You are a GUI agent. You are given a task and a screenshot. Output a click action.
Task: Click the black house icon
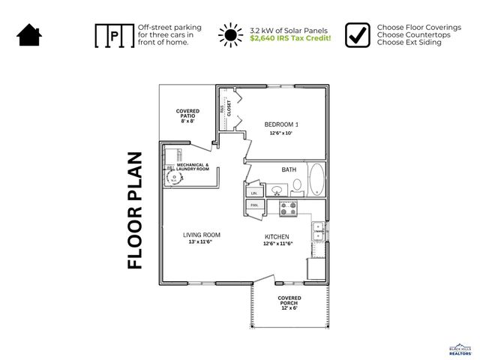(29, 34)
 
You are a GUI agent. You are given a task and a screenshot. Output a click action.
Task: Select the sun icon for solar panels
(230, 35)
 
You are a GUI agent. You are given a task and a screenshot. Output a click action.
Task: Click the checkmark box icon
(358, 34)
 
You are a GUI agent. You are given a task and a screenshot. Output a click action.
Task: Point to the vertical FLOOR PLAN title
(135, 211)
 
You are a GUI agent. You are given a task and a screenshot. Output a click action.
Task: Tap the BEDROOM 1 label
(281, 124)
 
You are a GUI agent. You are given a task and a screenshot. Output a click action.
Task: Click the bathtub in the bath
(316, 180)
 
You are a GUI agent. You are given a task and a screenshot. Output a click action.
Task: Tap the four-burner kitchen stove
(289, 208)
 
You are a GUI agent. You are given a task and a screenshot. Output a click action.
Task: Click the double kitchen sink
(319, 230)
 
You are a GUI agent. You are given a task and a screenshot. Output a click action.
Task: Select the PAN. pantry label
(253, 205)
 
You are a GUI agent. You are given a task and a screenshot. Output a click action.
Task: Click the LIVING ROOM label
(201, 235)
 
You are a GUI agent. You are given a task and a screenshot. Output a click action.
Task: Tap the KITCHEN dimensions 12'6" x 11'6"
(277, 243)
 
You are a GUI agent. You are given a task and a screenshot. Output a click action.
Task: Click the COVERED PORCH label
(289, 301)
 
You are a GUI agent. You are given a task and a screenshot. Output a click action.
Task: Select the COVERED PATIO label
(187, 115)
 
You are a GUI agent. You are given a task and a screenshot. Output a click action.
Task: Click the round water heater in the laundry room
(174, 178)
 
